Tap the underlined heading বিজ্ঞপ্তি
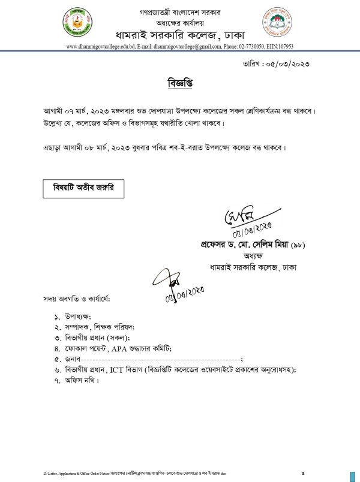[x=179, y=81]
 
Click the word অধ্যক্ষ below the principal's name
[x=252, y=256]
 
